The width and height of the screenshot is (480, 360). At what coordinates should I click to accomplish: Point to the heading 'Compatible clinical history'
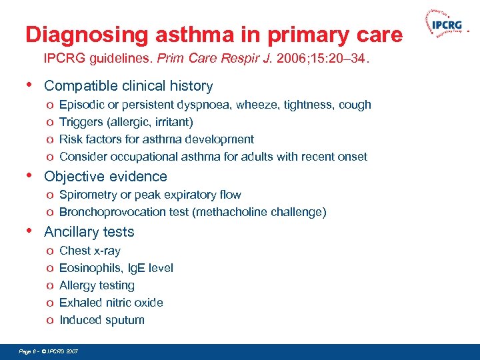click(128, 86)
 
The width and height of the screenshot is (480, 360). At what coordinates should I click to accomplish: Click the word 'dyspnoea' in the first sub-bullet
click(200, 105)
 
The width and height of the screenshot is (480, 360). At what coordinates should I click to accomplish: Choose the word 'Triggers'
click(81, 122)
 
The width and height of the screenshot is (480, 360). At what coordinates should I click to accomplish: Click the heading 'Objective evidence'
click(105, 177)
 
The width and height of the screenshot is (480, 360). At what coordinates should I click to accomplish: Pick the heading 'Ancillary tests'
click(89, 232)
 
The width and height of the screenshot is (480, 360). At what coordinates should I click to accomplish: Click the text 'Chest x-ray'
click(90, 251)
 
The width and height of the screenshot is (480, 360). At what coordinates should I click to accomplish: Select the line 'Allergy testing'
click(97, 285)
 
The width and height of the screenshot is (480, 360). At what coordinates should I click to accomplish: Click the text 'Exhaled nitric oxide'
click(111, 303)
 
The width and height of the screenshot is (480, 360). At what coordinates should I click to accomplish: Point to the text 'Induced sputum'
click(101, 320)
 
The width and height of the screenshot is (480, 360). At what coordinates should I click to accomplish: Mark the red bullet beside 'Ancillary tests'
click(29, 231)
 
